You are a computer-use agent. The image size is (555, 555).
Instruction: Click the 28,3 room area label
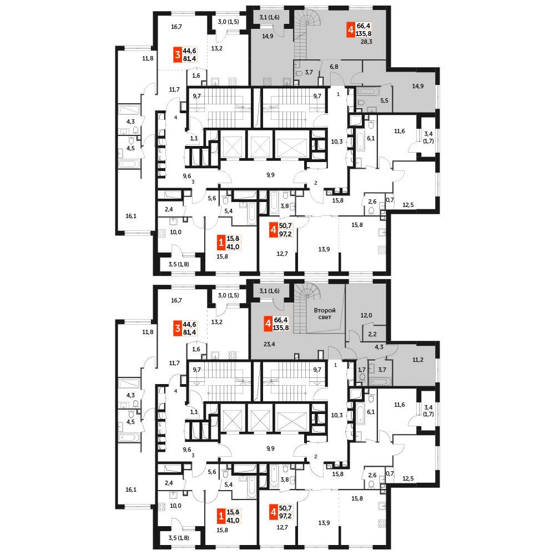click(x=366, y=41)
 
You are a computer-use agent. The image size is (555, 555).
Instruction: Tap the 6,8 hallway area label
click(x=334, y=67)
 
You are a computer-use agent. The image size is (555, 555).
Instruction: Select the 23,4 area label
click(x=269, y=344)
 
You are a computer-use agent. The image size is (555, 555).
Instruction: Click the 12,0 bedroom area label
click(x=366, y=315)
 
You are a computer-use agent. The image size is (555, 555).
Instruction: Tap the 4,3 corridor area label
click(x=379, y=347)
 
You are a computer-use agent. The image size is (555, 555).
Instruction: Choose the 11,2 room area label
click(x=418, y=359)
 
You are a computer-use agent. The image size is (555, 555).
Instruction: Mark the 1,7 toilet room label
click(x=362, y=369)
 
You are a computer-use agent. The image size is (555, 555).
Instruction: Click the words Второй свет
click(x=324, y=314)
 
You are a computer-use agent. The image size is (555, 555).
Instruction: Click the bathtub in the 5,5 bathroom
click(x=369, y=90)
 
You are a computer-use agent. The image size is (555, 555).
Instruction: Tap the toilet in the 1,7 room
click(x=362, y=377)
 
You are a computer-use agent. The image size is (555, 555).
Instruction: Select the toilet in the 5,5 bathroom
click(x=360, y=102)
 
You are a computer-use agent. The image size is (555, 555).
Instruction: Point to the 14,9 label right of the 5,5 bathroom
click(x=418, y=86)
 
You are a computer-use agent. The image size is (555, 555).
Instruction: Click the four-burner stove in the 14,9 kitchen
click(x=267, y=82)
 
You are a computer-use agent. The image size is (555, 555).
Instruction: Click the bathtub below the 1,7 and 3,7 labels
click(x=381, y=381)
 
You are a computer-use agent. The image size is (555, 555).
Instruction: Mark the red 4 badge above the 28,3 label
click(x=350, y=29)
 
